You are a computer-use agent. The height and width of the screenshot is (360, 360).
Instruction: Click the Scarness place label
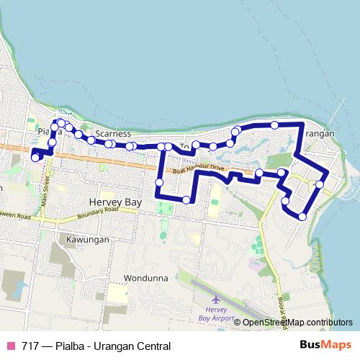(x=112, y=134)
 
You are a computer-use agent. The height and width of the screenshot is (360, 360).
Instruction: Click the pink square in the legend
(x=11, y=346)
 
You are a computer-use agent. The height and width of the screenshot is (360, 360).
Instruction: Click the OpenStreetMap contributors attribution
(x=298, y=323)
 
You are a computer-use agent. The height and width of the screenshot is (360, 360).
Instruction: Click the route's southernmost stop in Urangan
(x=302, y=216)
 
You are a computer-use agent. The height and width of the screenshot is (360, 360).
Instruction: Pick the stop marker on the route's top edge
(x=274, y=125)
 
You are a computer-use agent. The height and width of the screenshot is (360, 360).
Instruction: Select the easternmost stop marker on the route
(x=319, y=185)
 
